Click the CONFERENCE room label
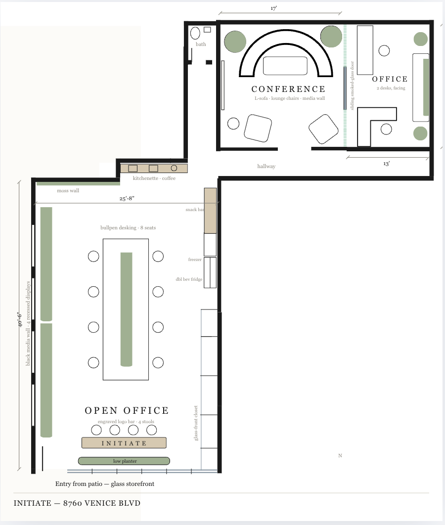288,89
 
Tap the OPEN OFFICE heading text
127,410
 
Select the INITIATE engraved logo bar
124,442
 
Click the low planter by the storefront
124,461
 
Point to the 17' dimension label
274,8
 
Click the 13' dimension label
386,164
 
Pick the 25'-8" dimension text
127,198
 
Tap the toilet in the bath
195,33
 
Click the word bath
201,44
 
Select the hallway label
266,167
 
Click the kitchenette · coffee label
154,178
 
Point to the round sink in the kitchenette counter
174,168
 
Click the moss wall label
68,190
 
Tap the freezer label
195,260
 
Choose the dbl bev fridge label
189,279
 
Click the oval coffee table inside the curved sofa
285,66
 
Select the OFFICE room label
390,79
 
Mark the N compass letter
340,456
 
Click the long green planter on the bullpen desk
126,309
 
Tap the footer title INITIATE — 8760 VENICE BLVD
77,503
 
